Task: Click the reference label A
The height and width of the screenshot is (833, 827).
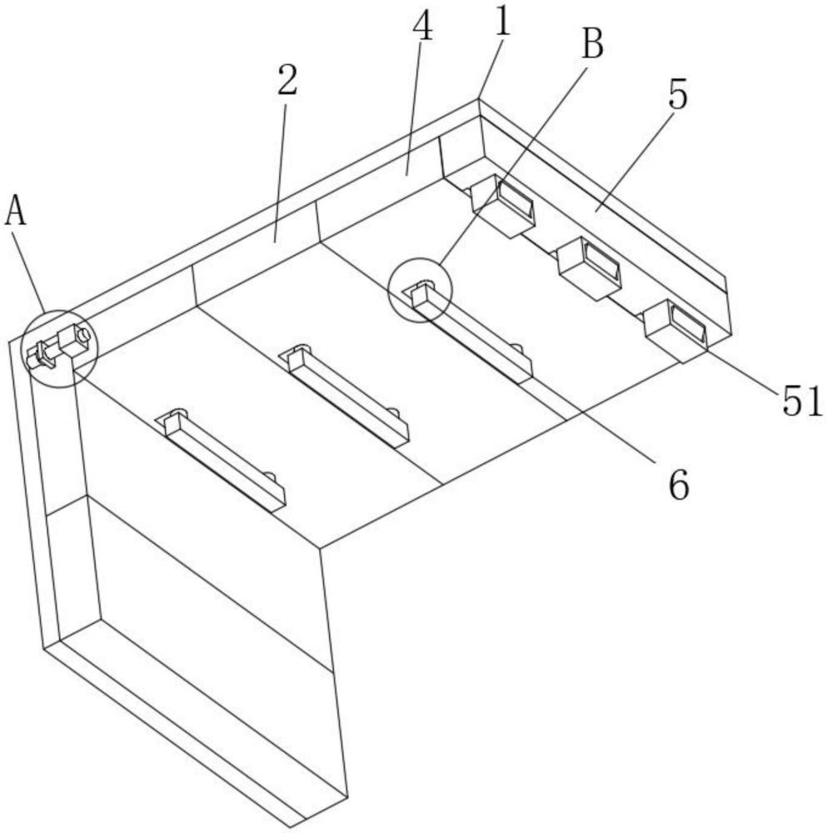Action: (x=16, y=211)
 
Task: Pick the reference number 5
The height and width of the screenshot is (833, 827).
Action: (x=678, y=96)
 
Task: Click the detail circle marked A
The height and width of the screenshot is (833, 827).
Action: (x=60, y=349)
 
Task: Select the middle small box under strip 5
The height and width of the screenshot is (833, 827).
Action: (x=590, y=267)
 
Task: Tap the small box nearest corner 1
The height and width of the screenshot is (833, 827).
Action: (x=503, y=205)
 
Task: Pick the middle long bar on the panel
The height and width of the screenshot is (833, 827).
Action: (x=346, y=393)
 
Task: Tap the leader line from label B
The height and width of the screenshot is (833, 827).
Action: (x=516, y=158)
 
